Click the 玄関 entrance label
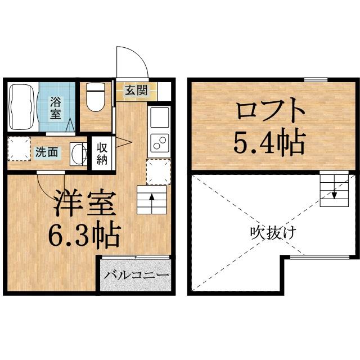(x=136, y=91)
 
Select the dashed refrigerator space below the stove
(x=157, y=172)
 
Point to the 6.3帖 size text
(x=84, y=237)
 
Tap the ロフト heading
(x=271, y=110)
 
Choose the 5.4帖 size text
(x=270, y=143)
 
